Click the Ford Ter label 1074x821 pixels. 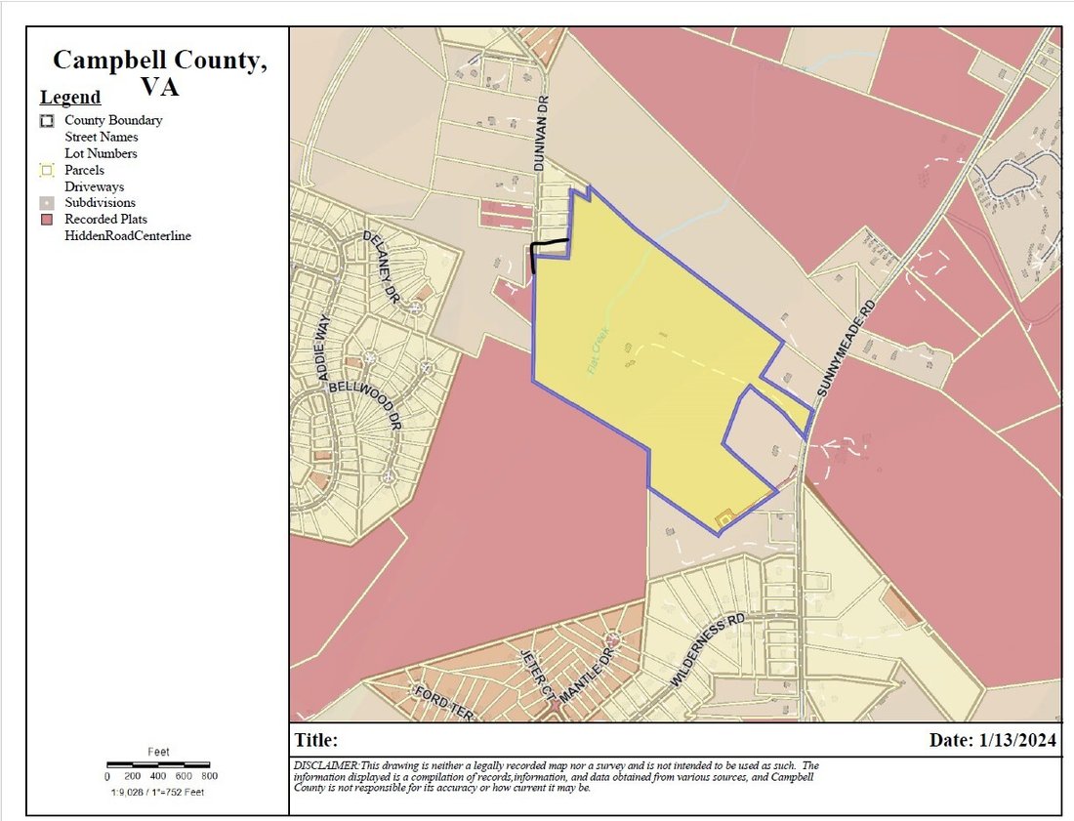click(x=444, y=704)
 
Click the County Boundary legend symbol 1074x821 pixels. click(x=46, y=120)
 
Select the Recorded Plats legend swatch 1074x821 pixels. click(x=46, y=220)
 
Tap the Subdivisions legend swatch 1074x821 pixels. click(x=46, y=203)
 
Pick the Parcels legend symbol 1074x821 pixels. click(x=46, y=170)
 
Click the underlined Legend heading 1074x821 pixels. click(x=70, y=98)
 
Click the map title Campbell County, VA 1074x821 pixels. click(x=157, y=72)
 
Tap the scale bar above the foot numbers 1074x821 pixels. click(x=157, y=762)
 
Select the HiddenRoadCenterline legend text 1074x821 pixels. click(x=127, y=235)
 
